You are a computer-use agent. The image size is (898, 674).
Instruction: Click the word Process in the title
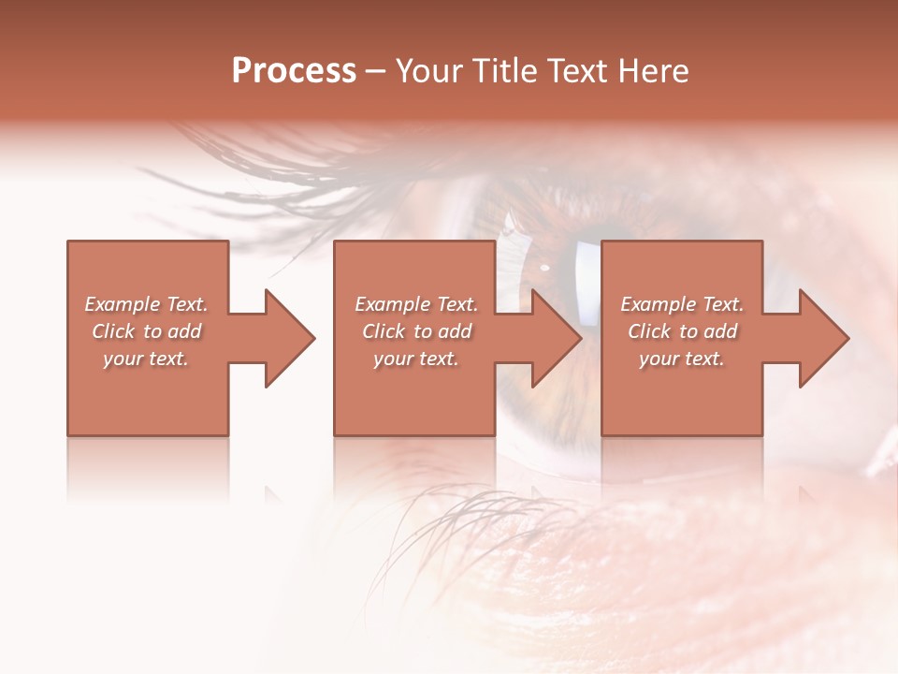294,71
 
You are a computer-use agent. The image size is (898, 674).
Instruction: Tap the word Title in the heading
504,71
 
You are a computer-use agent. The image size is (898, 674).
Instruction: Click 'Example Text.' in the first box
146,304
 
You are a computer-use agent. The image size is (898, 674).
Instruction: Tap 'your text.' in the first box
146,359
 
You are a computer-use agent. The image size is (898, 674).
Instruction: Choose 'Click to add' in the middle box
416,331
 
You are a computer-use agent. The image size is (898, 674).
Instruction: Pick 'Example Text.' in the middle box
416,304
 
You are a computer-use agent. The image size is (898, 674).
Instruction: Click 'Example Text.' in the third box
682,304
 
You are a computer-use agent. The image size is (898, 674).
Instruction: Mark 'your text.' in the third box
682,359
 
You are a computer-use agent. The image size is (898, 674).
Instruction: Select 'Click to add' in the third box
682,331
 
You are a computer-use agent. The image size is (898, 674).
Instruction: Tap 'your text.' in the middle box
416,359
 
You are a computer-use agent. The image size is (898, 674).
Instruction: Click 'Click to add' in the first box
146,331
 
